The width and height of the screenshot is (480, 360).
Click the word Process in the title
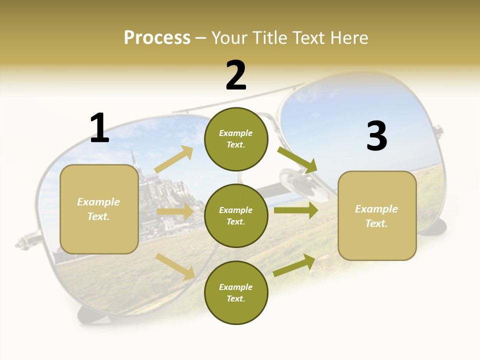pyautogui.click(x=157, y=38)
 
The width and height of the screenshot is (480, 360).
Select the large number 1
pyautogui.click(x=99, y=128)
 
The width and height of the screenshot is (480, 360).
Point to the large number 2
pyautogui.click(x=236, y=75)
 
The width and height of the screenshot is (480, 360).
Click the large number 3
pyautogui.click(x=376, y=136)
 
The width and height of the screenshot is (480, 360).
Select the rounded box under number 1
pyautogui.click(x=99, y=209)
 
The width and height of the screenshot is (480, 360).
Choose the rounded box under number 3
pyautogui.click(x=377, y=215)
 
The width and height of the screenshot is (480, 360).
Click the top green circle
pyautogui.click(x=236, y=139)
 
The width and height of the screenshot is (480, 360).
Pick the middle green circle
pyautogui.click(x=236, y=215)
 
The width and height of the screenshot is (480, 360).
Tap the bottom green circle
pyautogui.click(x=236, y=292)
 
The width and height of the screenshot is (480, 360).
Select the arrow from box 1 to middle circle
pyautogui.click(x=175, y=212)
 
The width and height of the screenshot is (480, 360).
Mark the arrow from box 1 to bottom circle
pyautogui.click(x=175, y=266)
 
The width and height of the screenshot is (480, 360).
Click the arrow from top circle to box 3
pyautogui.click(x=297, y=159)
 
